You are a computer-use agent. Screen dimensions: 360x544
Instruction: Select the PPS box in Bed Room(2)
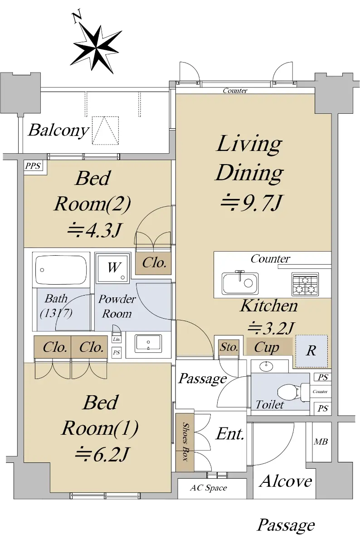point(33,166)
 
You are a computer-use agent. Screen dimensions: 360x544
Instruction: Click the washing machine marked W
point(113,267)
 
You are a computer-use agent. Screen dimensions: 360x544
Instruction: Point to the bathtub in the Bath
point(61,270)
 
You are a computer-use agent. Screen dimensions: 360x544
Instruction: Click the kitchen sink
point(240,283)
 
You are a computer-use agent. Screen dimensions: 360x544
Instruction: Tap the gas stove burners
point(305,284)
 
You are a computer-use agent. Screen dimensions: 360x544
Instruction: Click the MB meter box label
point(321,442)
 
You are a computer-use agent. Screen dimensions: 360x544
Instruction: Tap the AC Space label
point(209,488)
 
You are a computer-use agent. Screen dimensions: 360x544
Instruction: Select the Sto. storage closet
point(229,348)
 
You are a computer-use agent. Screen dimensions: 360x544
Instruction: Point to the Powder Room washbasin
point(148,344)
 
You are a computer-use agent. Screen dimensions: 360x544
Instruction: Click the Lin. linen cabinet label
point(117,339)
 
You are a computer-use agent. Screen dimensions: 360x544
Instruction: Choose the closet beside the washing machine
point(154,263)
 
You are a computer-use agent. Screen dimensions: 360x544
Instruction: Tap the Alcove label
point(286,481)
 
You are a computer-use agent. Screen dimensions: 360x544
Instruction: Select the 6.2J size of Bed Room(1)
point(102,454)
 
